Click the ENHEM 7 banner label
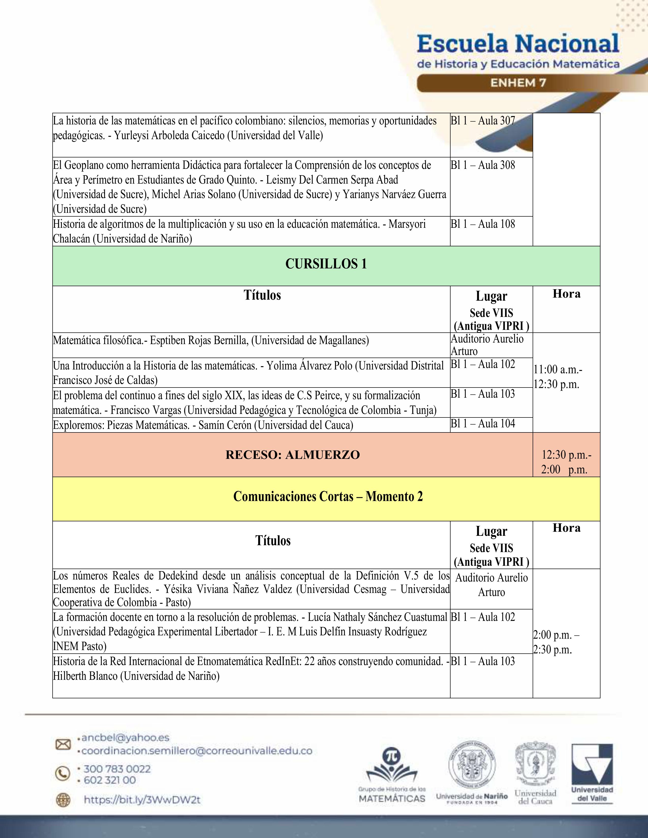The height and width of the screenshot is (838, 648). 518,83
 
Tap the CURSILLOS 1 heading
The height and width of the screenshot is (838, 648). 326,264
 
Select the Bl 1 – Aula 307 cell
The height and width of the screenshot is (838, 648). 483,121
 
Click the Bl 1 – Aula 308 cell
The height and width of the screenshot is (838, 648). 483,165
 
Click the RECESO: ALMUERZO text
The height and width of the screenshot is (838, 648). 292,455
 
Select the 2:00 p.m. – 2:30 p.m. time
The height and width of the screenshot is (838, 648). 556,642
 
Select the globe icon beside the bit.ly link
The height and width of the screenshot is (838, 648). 63,800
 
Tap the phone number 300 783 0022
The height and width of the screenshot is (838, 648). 117,769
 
